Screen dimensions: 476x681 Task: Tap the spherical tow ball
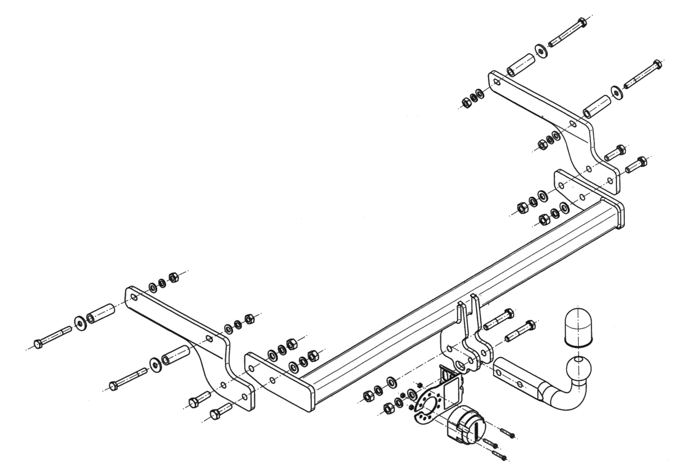click(x=579, y=369)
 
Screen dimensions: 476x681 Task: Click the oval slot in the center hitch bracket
click(x=461, y=366)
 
